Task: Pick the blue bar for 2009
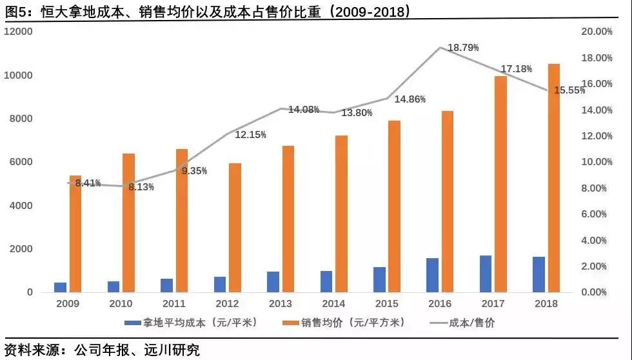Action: point(60,287)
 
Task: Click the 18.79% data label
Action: point(463,48)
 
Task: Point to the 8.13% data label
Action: point(141,187)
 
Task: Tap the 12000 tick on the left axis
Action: point(19,32)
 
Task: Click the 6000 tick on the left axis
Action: point(21,162)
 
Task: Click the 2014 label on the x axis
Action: point(333,304)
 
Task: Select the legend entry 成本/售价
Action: point(471,322)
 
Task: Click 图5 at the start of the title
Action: point(15,11)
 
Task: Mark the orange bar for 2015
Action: point(395,206)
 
